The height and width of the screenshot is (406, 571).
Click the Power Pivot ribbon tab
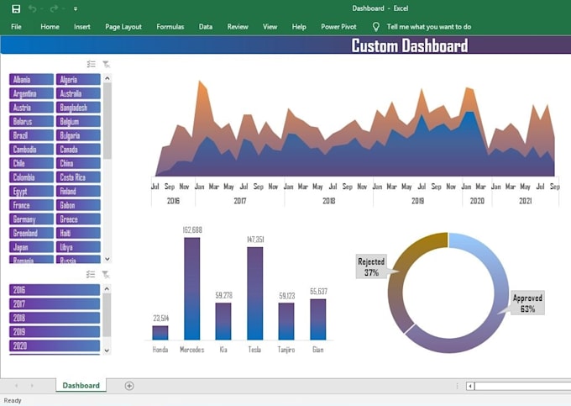click(338, 27)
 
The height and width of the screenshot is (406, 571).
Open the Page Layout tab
click(123, 27)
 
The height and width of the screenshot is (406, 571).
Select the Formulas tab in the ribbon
click(170, 27)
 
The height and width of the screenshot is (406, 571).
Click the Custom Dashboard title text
click(409, 46)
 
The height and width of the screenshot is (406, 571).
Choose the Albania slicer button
click(31, 80)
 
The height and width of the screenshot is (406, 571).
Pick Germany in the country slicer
click(31, 219)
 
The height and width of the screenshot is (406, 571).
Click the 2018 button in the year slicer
click(55, 318)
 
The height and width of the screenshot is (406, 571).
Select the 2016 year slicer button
click(55, 290)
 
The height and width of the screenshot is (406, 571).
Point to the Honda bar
click(160, 332)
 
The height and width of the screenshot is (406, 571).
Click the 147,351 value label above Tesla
click(254, 240)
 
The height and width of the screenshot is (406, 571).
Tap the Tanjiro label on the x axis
click(286, 349)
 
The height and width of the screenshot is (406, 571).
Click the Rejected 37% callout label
click(370, 267)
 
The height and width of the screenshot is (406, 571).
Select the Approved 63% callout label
click(527, 303)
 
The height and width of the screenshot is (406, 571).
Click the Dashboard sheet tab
click(81, 386)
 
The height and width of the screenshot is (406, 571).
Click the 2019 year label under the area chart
click(417, 202)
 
